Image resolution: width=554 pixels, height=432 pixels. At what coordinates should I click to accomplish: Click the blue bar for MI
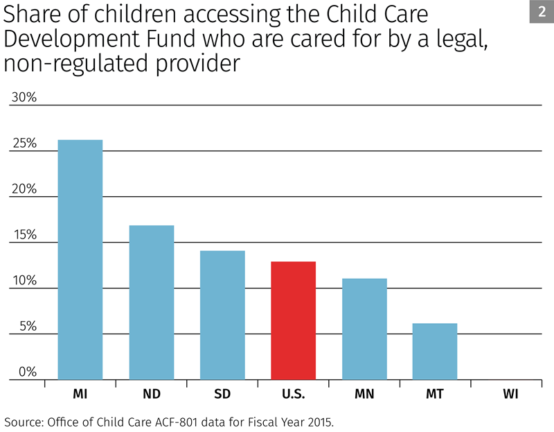80,260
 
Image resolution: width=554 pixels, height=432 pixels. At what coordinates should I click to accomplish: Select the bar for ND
151,302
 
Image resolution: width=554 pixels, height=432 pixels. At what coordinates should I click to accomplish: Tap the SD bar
222,315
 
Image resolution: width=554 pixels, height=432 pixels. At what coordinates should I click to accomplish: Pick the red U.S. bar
293,320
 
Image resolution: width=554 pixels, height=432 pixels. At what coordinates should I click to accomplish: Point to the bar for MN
364,329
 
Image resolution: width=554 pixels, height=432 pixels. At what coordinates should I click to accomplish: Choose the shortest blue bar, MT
435,352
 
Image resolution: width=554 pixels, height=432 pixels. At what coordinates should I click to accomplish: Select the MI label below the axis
80,395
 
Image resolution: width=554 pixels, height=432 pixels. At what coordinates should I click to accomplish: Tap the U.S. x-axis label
293,395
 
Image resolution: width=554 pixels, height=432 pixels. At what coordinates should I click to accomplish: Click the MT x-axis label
435,395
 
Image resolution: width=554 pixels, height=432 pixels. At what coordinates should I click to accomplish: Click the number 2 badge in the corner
541,12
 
